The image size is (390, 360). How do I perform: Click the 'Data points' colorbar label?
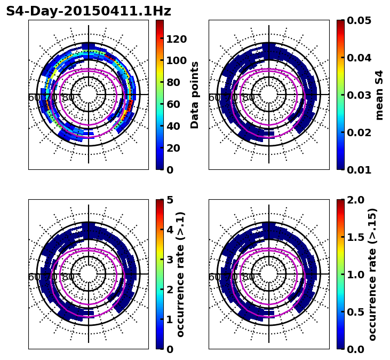pyautogui.click(x=195, y=95)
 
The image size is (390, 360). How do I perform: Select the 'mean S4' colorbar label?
pyautogui.click(x=379, y=95)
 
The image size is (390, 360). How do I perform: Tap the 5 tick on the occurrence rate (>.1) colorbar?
pyautogui.click(x=170, y=200)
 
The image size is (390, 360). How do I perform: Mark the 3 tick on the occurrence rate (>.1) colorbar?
pyautogui.click(x=170, y=260)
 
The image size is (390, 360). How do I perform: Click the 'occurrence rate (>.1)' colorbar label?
pyautogui.click(x=180, y=275)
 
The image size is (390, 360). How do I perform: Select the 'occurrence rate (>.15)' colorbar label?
pyautogui.click(x=372, y=275)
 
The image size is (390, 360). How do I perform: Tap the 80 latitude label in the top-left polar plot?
pyautogui.click(x=68, y=98)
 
